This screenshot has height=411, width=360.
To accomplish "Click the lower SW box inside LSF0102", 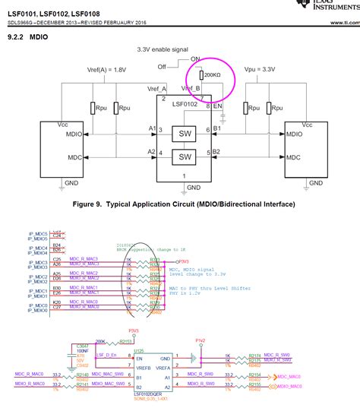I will coord(185,156).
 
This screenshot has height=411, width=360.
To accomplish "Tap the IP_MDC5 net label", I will coord(38,233).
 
